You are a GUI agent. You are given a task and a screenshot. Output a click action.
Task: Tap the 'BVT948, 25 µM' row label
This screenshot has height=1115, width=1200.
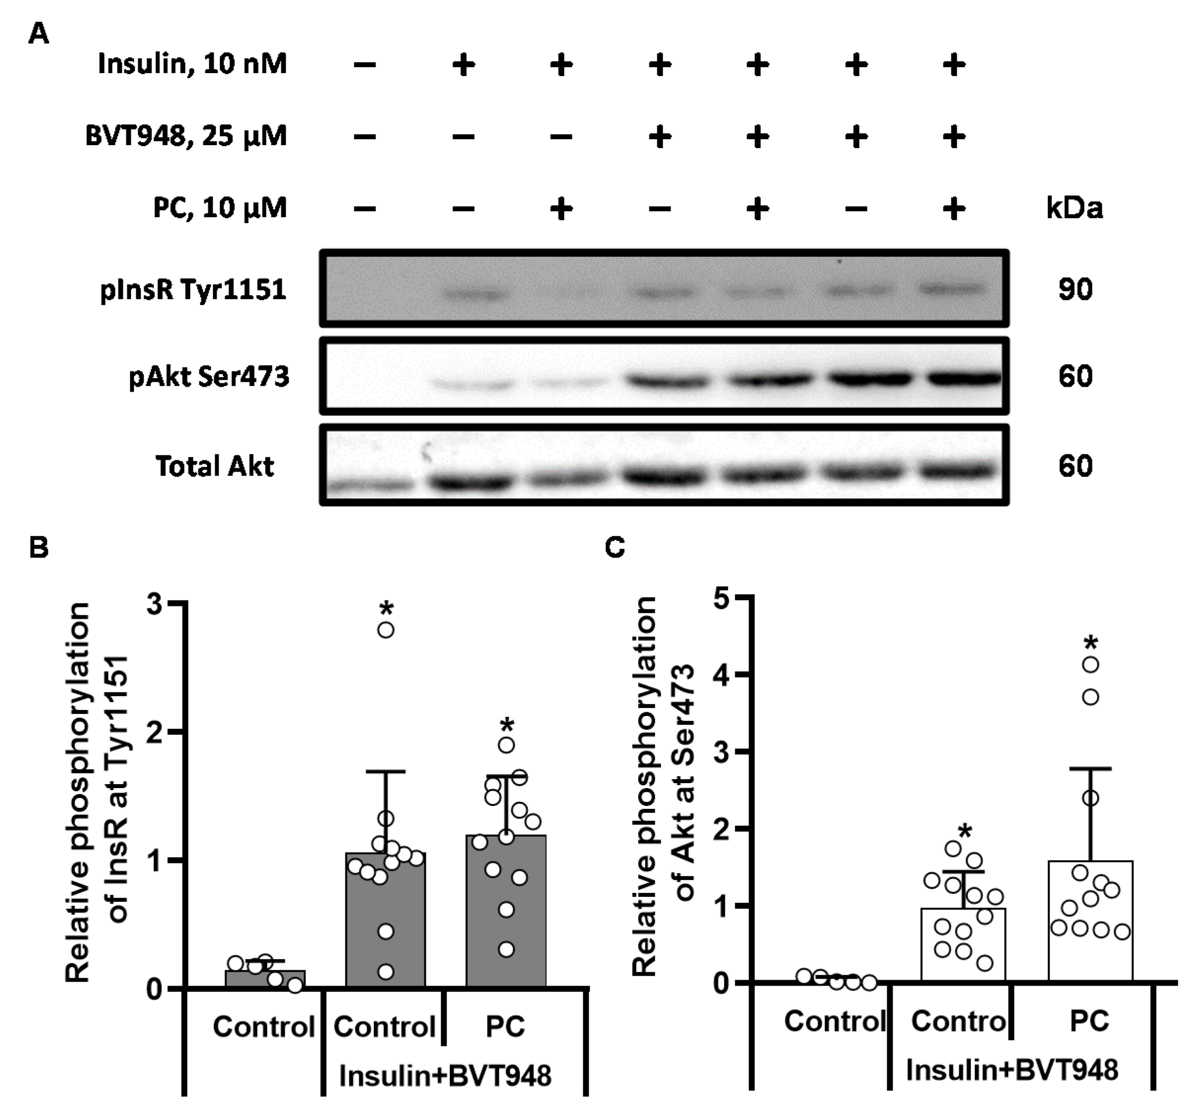pos(186,136)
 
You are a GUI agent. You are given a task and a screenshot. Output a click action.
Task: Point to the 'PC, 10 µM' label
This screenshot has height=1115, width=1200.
pos(220,208)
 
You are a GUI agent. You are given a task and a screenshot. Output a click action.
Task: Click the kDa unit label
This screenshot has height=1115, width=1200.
pos(1074,208)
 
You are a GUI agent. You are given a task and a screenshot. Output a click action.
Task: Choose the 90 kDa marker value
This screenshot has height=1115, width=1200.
pos(1075,289)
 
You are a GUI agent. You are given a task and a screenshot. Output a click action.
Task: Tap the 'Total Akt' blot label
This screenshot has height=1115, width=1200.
pos(215,466)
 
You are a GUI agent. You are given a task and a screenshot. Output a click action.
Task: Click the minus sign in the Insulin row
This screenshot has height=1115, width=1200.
pos(365,65)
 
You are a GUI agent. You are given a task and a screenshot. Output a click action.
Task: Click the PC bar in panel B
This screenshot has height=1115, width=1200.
pos(506,911)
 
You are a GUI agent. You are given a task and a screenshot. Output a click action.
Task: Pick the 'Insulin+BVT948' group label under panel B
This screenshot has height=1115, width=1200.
pos(445,1076)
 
